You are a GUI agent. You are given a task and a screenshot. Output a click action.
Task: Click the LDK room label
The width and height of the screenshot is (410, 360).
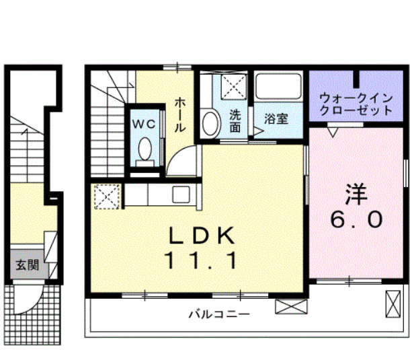(202, 235)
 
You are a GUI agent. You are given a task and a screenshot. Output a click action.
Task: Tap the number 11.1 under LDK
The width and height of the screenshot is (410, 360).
(201, 260)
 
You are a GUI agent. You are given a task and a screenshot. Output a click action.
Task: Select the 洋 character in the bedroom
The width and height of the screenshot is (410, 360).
(356, 194)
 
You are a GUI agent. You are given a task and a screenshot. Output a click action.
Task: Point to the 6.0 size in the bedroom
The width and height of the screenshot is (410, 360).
(356, 219)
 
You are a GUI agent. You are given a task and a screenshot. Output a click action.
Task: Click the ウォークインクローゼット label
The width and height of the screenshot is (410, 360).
(356, 104)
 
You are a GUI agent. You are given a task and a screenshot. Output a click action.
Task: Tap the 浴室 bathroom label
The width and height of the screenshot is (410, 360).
(276, 118)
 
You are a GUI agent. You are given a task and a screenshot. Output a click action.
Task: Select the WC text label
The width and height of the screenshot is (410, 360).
(144, 124)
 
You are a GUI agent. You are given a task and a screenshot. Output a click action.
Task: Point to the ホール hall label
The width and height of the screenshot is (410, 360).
(180, 114)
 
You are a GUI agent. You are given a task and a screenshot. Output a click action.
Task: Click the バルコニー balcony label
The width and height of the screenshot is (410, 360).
(219, 314)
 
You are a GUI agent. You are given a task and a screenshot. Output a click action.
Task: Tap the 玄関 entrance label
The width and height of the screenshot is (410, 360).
(27, 264)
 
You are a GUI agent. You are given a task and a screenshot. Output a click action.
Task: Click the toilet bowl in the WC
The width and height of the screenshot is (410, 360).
(145, 149)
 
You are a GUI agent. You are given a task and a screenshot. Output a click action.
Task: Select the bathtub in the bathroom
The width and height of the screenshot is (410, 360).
(278, 86)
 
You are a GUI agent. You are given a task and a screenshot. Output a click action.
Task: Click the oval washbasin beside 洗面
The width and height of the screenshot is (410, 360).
(210, 123)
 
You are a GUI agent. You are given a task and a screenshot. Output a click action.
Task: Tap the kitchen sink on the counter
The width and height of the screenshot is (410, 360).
(181, 194)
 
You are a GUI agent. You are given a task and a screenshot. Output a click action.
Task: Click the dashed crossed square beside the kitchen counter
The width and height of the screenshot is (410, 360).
(108, 196)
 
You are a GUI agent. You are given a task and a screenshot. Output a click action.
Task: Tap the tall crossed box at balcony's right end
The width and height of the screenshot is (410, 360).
(393, 304)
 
